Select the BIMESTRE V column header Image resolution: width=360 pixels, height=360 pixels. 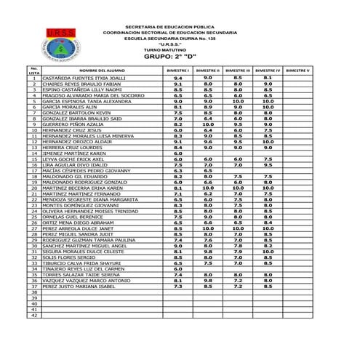point(297,71)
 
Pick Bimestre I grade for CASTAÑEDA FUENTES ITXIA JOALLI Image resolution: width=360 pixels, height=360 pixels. point(178,78)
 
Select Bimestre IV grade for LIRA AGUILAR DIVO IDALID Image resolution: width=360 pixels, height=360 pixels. point(268,165)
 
